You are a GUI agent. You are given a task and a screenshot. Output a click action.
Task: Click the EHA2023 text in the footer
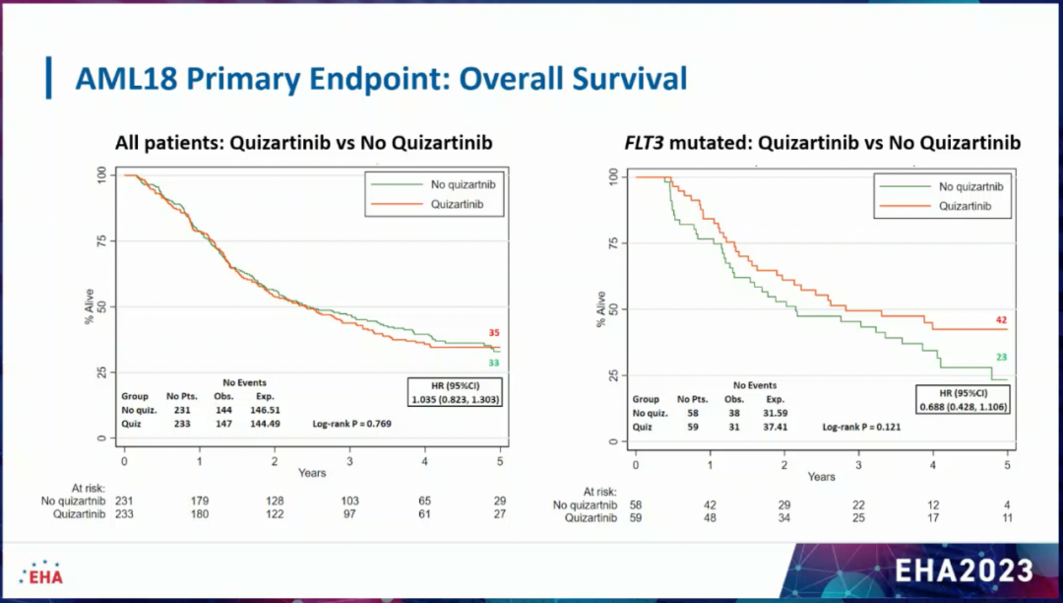pyautogui.click(x=964, y=569)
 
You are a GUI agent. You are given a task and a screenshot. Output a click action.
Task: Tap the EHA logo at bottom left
pyautogui.click(x=40, y=571)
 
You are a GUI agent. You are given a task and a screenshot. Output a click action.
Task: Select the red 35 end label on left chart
pyautogui.click(x=494, y=333)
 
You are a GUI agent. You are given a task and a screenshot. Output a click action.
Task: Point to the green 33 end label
pyautogui.click(x=494, y=363)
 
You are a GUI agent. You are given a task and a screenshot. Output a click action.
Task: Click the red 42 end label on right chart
pyautogui.click(x=1001, y=320)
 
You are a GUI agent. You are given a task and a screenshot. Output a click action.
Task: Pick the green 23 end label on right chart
pyautogui.click(x=1001, y=358)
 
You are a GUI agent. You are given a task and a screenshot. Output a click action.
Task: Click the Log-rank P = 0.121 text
pyautogui.click(x=861, y=427)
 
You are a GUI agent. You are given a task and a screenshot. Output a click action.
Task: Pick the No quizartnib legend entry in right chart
pyautogui.click(x=970, y=186)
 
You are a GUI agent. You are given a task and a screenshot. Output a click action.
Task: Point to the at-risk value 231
pyautogui.click(x=124, y=501)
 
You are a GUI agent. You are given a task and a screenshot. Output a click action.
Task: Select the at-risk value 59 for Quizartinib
pyautogui.click(x=635, y=518)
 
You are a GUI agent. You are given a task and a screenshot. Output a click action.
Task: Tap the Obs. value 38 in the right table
pyautogui.click(x=733, y=413)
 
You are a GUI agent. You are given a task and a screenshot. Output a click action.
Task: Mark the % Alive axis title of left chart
pyautogui.click(x=88, y=306)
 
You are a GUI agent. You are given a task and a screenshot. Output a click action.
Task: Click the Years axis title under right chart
pyautogui.click(x=821, y=477)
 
